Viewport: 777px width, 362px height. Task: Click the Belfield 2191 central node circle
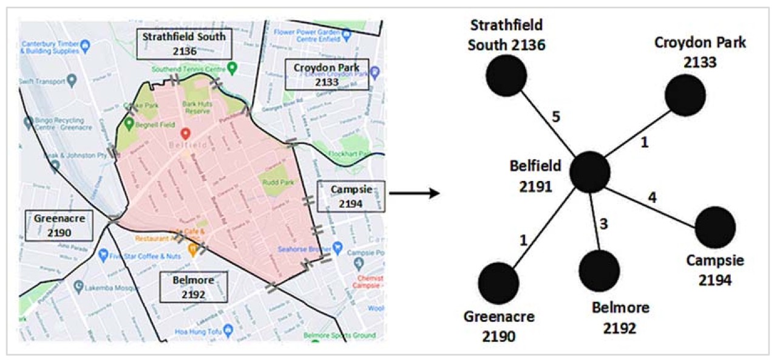click(x=589, y=172)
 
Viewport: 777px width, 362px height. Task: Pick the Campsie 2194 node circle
click(x=715, y=227)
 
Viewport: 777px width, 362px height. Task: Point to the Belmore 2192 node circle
click(x=599, y=270)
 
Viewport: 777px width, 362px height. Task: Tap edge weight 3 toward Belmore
click(x=603, y=223)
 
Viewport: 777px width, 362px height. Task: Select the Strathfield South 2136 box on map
click(x=184, y=44)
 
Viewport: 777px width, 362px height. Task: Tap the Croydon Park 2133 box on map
click(x=327, y=74)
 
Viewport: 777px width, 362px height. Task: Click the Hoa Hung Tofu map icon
click(x=228, y=330)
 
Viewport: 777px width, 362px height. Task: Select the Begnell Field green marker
click(x=129, y=123)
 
